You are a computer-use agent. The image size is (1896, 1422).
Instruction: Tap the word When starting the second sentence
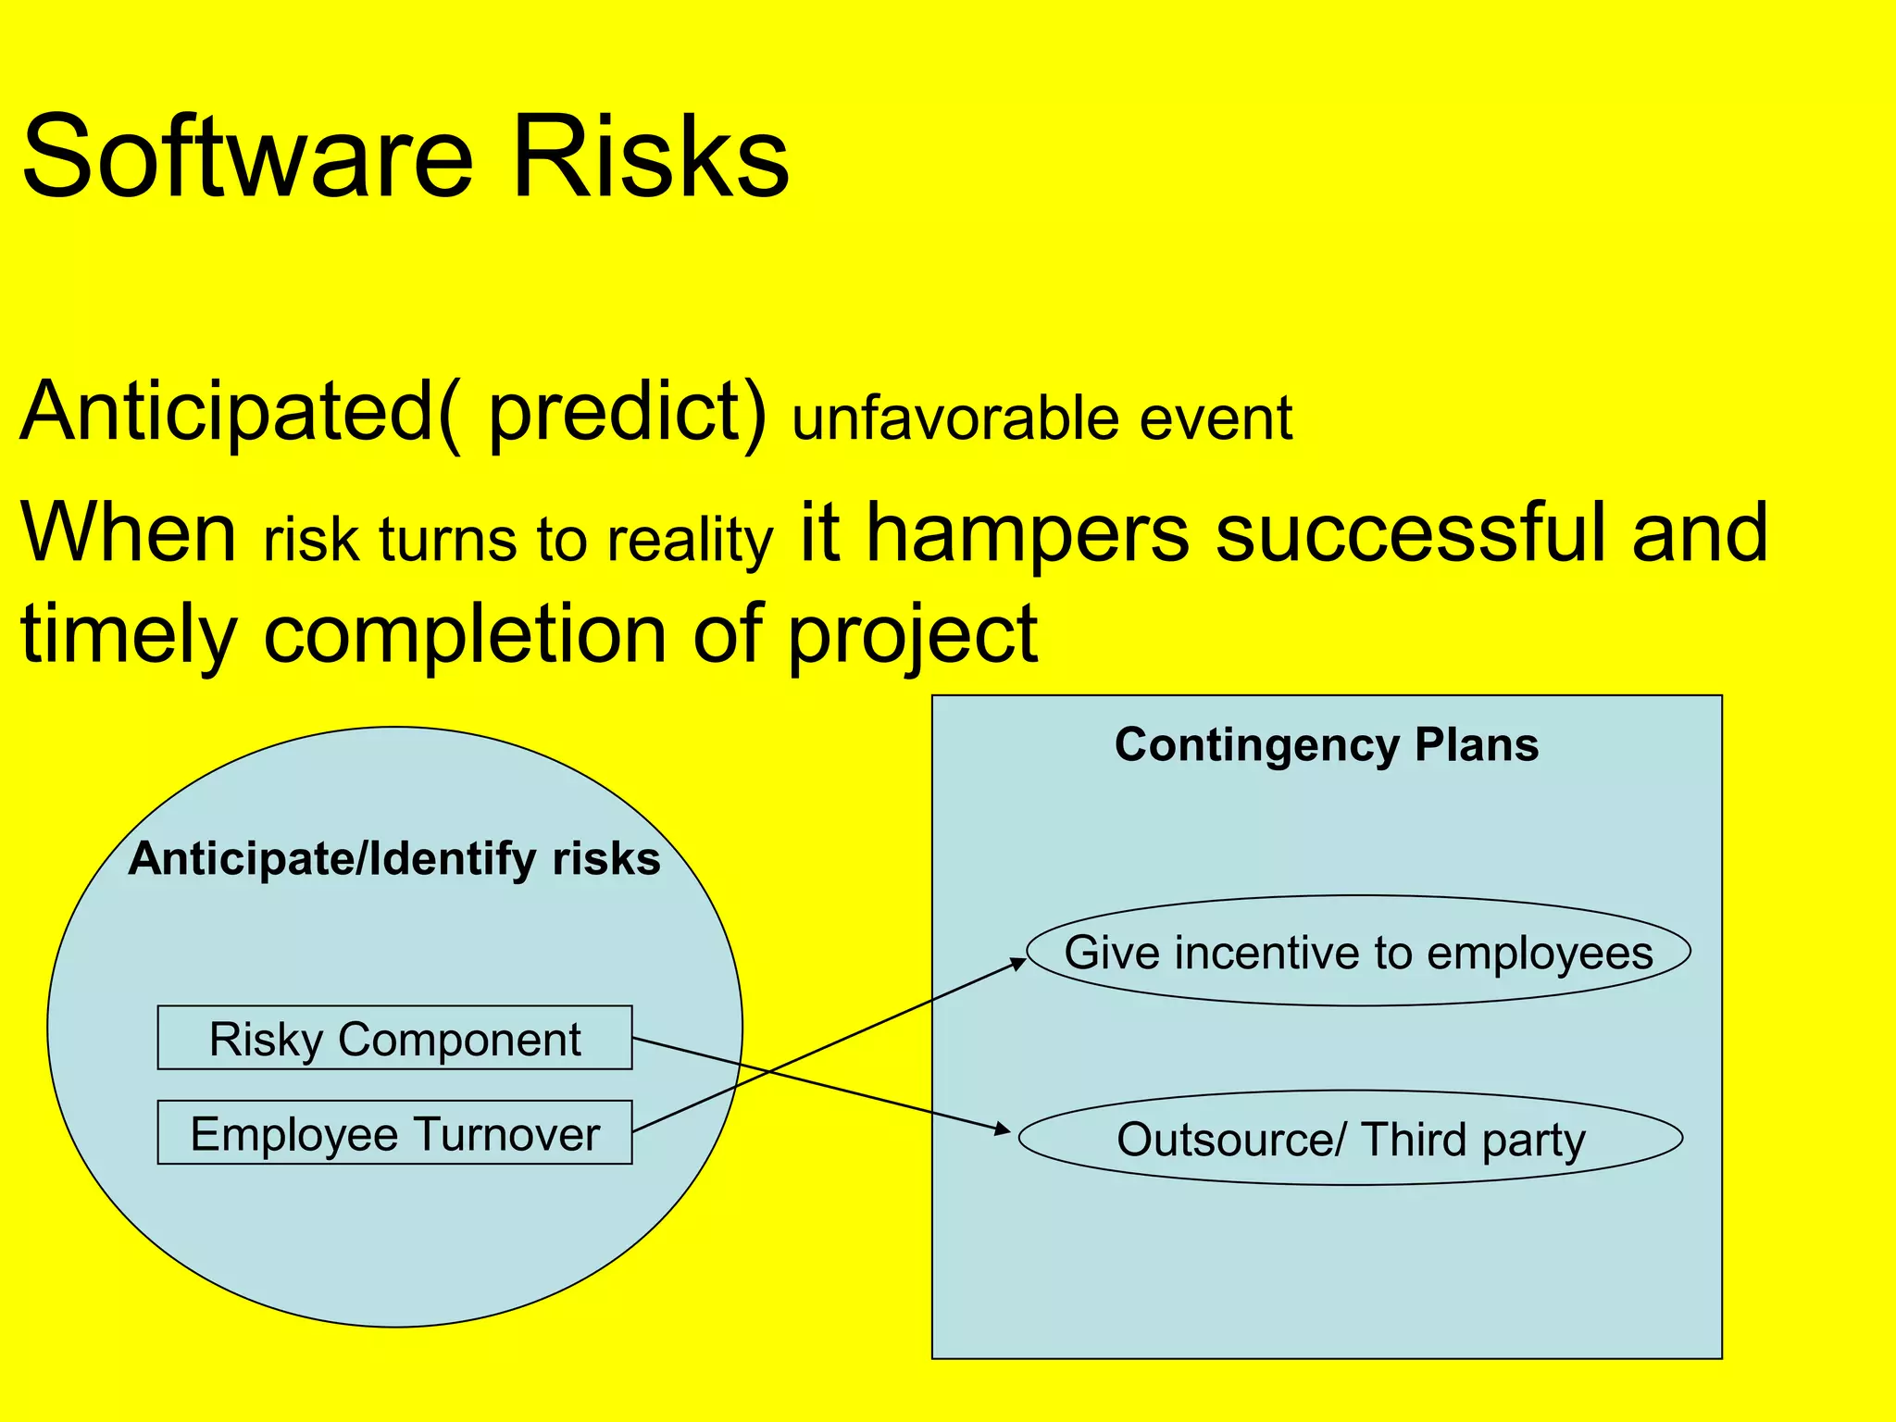(x=130, y=534)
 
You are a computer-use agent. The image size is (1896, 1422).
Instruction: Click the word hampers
(x=1028, y=534)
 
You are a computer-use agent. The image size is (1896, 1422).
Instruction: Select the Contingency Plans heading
(x=1326, y=745)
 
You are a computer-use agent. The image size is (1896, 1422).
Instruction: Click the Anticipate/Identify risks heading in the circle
(x=394, y=859)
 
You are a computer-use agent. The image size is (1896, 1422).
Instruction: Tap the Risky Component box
(x=394, y=1039)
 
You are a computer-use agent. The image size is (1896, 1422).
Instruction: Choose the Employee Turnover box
(x=394, y=1133)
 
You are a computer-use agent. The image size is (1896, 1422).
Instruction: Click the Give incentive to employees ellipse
(x=1358, y=952)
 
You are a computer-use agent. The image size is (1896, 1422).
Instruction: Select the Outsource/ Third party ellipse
(x=1351, y=1139)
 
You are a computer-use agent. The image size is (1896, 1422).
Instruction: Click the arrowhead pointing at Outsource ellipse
(x=1004, y=1129)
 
